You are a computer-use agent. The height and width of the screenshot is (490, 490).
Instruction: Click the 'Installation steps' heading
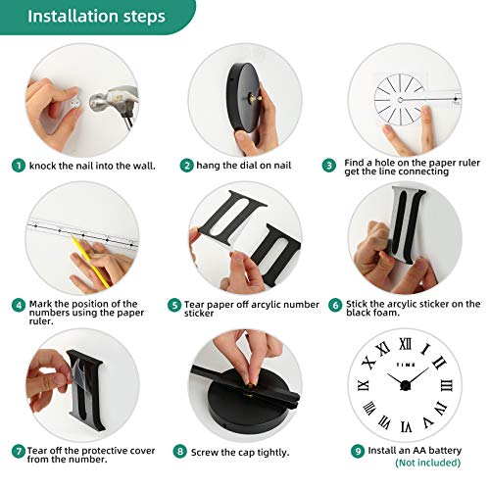click(96, 17)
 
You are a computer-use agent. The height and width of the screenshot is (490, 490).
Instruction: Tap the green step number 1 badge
click(19, 166)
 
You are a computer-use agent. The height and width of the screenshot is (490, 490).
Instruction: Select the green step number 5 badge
click(174, 305)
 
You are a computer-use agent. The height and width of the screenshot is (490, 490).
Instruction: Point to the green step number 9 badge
click(358, 451)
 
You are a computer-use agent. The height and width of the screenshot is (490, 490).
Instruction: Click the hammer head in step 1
click(113, 98)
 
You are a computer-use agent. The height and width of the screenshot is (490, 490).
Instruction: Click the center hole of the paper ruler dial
click(400, 100)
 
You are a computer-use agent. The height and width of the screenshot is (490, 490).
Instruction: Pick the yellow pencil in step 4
click(91, 263)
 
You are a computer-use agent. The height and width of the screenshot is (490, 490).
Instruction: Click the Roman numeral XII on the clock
click(406, 344)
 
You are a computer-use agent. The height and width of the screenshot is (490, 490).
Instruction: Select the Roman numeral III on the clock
click(446, 385)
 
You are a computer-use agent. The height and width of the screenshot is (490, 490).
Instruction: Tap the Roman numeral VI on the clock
click(406, 426)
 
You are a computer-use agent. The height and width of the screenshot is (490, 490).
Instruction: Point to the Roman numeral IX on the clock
click(364, 385)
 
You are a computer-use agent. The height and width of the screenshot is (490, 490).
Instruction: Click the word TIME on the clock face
click(406, 365)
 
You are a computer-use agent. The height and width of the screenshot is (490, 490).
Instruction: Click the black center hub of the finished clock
click(405, 385)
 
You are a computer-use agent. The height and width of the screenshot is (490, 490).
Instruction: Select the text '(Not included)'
click(428, 463)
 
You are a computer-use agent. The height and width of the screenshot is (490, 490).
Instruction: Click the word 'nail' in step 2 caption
click(281, 166)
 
